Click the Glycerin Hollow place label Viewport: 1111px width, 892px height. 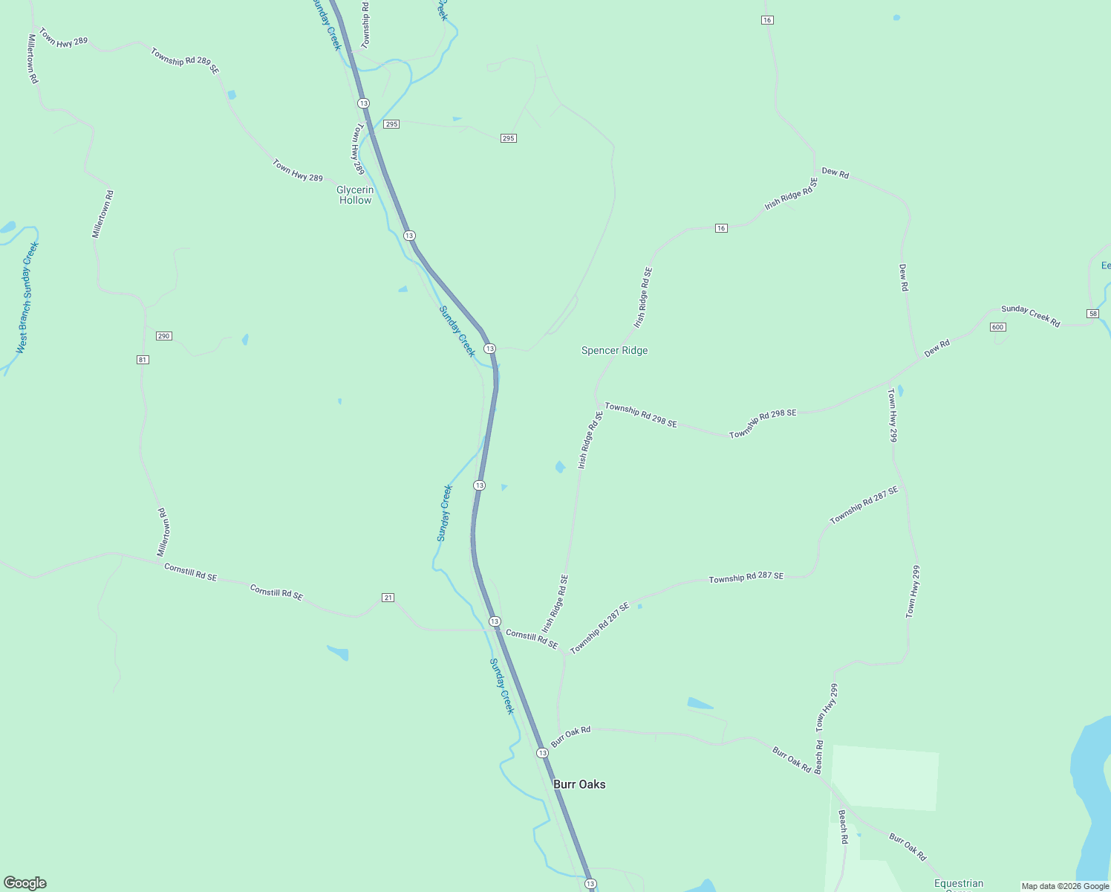[x=355, y=195]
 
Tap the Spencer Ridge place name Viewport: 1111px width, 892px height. [x=614, y=350]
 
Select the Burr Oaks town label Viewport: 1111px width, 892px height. [x=579, y=784]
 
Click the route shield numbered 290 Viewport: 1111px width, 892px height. [x=164, y=336]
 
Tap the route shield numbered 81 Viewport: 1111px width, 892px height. [x=143, y=360]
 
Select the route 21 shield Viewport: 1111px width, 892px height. [x=388, y=598]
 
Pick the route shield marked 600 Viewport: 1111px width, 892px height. [x=997, y=327]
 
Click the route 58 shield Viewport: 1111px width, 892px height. [x=1092, y=314]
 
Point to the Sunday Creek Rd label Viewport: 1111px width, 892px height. [x=1030, y=315]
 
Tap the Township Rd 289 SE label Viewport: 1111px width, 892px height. [x=184, y=60]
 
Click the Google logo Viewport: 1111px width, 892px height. [x=25, y=883]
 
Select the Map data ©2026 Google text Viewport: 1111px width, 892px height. [x=1065, y=886]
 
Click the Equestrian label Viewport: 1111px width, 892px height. [x=958, y=884]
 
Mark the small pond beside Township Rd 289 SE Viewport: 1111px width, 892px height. [x=232, y=94]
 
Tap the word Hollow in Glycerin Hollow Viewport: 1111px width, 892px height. [x=355, y=201]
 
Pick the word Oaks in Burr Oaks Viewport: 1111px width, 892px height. [x=593, y=784]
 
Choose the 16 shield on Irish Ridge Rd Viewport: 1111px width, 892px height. [x=721, y=228]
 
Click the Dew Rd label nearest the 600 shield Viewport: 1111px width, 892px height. [x=936, y=348]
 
